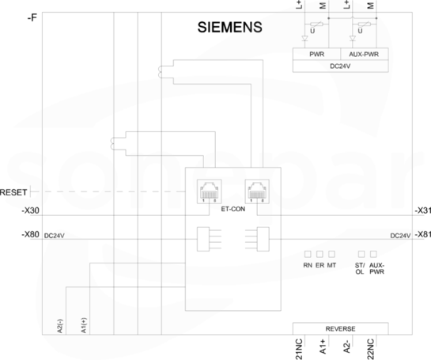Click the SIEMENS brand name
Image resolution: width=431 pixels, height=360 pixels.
click(230, 27)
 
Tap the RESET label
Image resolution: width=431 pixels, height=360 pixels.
click(13, 192)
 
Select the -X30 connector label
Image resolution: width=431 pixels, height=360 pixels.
click(31, 210)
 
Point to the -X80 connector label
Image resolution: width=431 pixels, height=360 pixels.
click(31, 234)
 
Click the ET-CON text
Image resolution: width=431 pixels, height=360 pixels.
click(233, 209)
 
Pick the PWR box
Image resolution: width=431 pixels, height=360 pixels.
click(316, 54)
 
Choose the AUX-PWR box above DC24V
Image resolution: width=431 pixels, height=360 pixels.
click(365, 54)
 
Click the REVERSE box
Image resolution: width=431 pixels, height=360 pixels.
click(341, 328)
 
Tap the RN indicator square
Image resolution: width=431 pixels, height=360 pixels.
click(308, 254)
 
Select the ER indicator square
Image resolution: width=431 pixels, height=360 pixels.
click(319, 254)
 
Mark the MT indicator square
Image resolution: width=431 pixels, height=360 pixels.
click(331, 254)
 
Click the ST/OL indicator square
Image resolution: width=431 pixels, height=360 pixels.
click(361, 254)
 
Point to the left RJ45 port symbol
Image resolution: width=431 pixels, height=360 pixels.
click(210, 191)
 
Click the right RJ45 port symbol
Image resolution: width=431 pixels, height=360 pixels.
click(257, 191)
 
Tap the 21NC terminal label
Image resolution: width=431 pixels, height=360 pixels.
click(299, 349)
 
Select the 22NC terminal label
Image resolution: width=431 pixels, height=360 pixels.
click(371, 349)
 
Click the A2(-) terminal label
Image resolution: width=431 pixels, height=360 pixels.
click(60, 326)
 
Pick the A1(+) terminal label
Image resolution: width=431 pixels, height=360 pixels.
click(84, 326)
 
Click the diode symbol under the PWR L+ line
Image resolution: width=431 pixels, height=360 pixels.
click(304, 38)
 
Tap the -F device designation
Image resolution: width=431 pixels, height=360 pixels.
click(32, 18)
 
